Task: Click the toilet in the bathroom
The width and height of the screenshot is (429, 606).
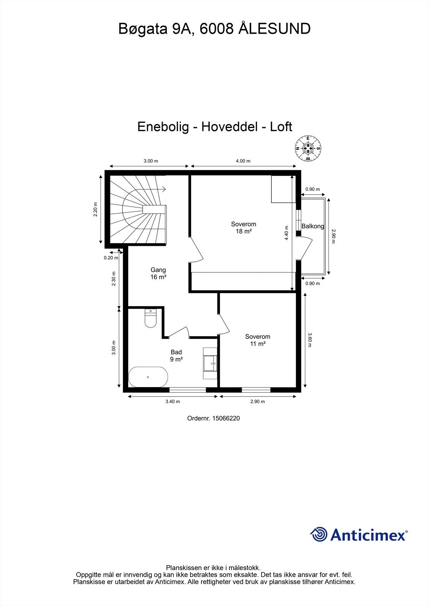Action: tap(151, 319)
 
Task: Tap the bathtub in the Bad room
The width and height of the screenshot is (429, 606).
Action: tap(148, 377)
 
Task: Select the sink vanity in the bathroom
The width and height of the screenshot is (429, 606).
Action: tap(210, 363)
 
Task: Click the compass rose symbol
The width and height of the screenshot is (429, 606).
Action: tap(308, 148)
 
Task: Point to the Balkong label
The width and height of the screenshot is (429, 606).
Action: tap(313, 226)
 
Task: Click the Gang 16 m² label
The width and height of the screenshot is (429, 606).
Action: tap(158, 273)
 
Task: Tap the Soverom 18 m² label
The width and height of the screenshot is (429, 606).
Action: tap(244, 228)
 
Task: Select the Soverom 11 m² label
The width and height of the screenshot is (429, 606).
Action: tap(258, 340)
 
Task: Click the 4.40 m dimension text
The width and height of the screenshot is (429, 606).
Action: tap(287, 233)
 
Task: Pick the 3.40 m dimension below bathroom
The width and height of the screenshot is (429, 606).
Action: tap(173, 401)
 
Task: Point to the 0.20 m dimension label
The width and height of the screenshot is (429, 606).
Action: tap(111, 258)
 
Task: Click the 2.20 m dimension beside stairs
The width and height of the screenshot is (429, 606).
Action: tap(96, 209)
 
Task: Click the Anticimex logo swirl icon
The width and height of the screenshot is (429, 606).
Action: tap(319, 535)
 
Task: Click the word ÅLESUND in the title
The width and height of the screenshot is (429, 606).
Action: tap(274, 29)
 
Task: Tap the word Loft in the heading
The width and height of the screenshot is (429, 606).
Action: tap(281, 127)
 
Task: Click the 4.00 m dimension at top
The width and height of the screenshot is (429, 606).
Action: tap(243, 161)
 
